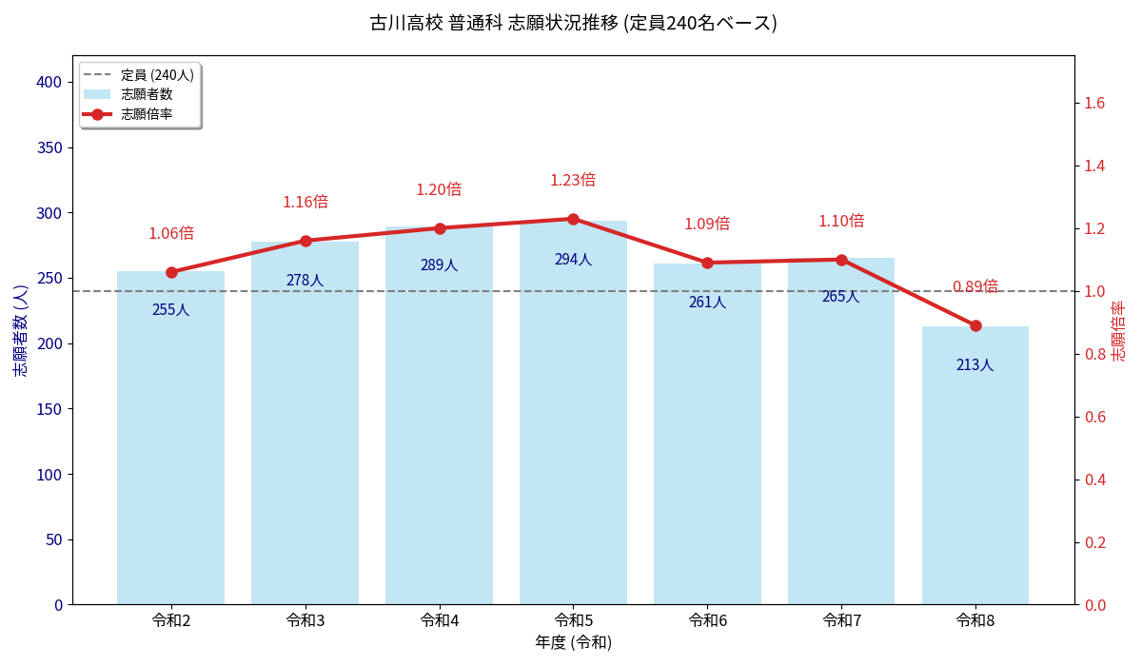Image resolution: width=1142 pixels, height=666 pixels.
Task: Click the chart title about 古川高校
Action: coord(573,23)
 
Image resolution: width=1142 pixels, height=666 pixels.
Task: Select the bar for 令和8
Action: coord(975,466)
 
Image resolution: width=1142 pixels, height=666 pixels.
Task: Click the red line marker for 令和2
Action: coord(171,272)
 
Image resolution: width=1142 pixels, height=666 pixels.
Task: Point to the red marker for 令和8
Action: coord(975,325)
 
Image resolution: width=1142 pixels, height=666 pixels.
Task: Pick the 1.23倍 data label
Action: coord(573,180)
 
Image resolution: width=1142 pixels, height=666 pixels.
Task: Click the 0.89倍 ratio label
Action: coord(975,286)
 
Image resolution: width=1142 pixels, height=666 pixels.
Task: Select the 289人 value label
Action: coord(439,265)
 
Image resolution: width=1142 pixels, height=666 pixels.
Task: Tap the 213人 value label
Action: coord(975,365)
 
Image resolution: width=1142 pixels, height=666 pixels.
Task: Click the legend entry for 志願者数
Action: coord(147,94)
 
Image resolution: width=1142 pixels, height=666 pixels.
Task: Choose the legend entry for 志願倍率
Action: coord(147,114)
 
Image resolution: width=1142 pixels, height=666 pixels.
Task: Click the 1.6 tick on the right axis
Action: coord(1094,103)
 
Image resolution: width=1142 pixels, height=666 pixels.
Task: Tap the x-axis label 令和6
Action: coord(707,620)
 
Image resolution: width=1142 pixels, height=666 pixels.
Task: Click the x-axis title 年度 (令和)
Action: coord(573,642)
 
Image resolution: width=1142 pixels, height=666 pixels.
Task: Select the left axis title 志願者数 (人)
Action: coord(21,330)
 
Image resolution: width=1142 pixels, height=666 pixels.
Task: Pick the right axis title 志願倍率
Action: coord(1119,330)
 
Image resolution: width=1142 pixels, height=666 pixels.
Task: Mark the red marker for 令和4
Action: coord(439,228)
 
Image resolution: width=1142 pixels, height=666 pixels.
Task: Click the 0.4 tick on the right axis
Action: coord(1094,480)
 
